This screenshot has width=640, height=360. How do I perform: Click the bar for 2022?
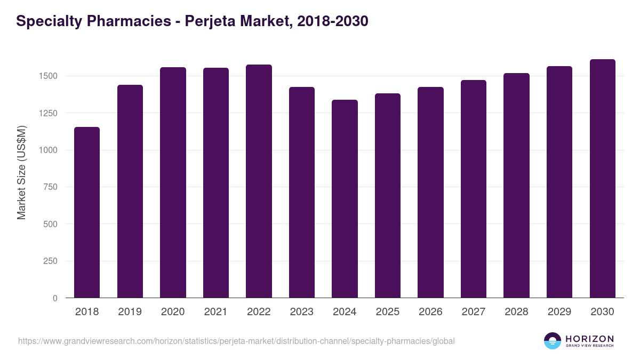(x=259, y=181)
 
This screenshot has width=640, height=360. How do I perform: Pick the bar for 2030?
(x=602, y=179)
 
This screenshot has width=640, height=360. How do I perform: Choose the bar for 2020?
(x=173, y=182)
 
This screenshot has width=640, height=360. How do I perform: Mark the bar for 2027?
(x=473, y=189)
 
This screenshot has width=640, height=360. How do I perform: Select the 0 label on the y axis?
(x=55, y=298)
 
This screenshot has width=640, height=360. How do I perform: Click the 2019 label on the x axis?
(x=130, y=312)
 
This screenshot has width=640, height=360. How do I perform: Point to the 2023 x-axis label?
(x=301, y=312)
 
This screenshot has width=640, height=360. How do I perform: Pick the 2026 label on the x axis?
(x=430, y=312)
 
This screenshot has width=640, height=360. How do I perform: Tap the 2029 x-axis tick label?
(x=559, y=312)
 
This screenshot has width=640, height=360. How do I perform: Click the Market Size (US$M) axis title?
(x=21, y=172)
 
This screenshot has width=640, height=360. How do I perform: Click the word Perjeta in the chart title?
(x=205, y=22)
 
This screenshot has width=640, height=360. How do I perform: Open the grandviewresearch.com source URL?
(x=236, y=341)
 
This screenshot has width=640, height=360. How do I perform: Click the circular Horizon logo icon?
(x=553, y=341)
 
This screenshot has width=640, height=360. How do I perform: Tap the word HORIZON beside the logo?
(x=589, y=339)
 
